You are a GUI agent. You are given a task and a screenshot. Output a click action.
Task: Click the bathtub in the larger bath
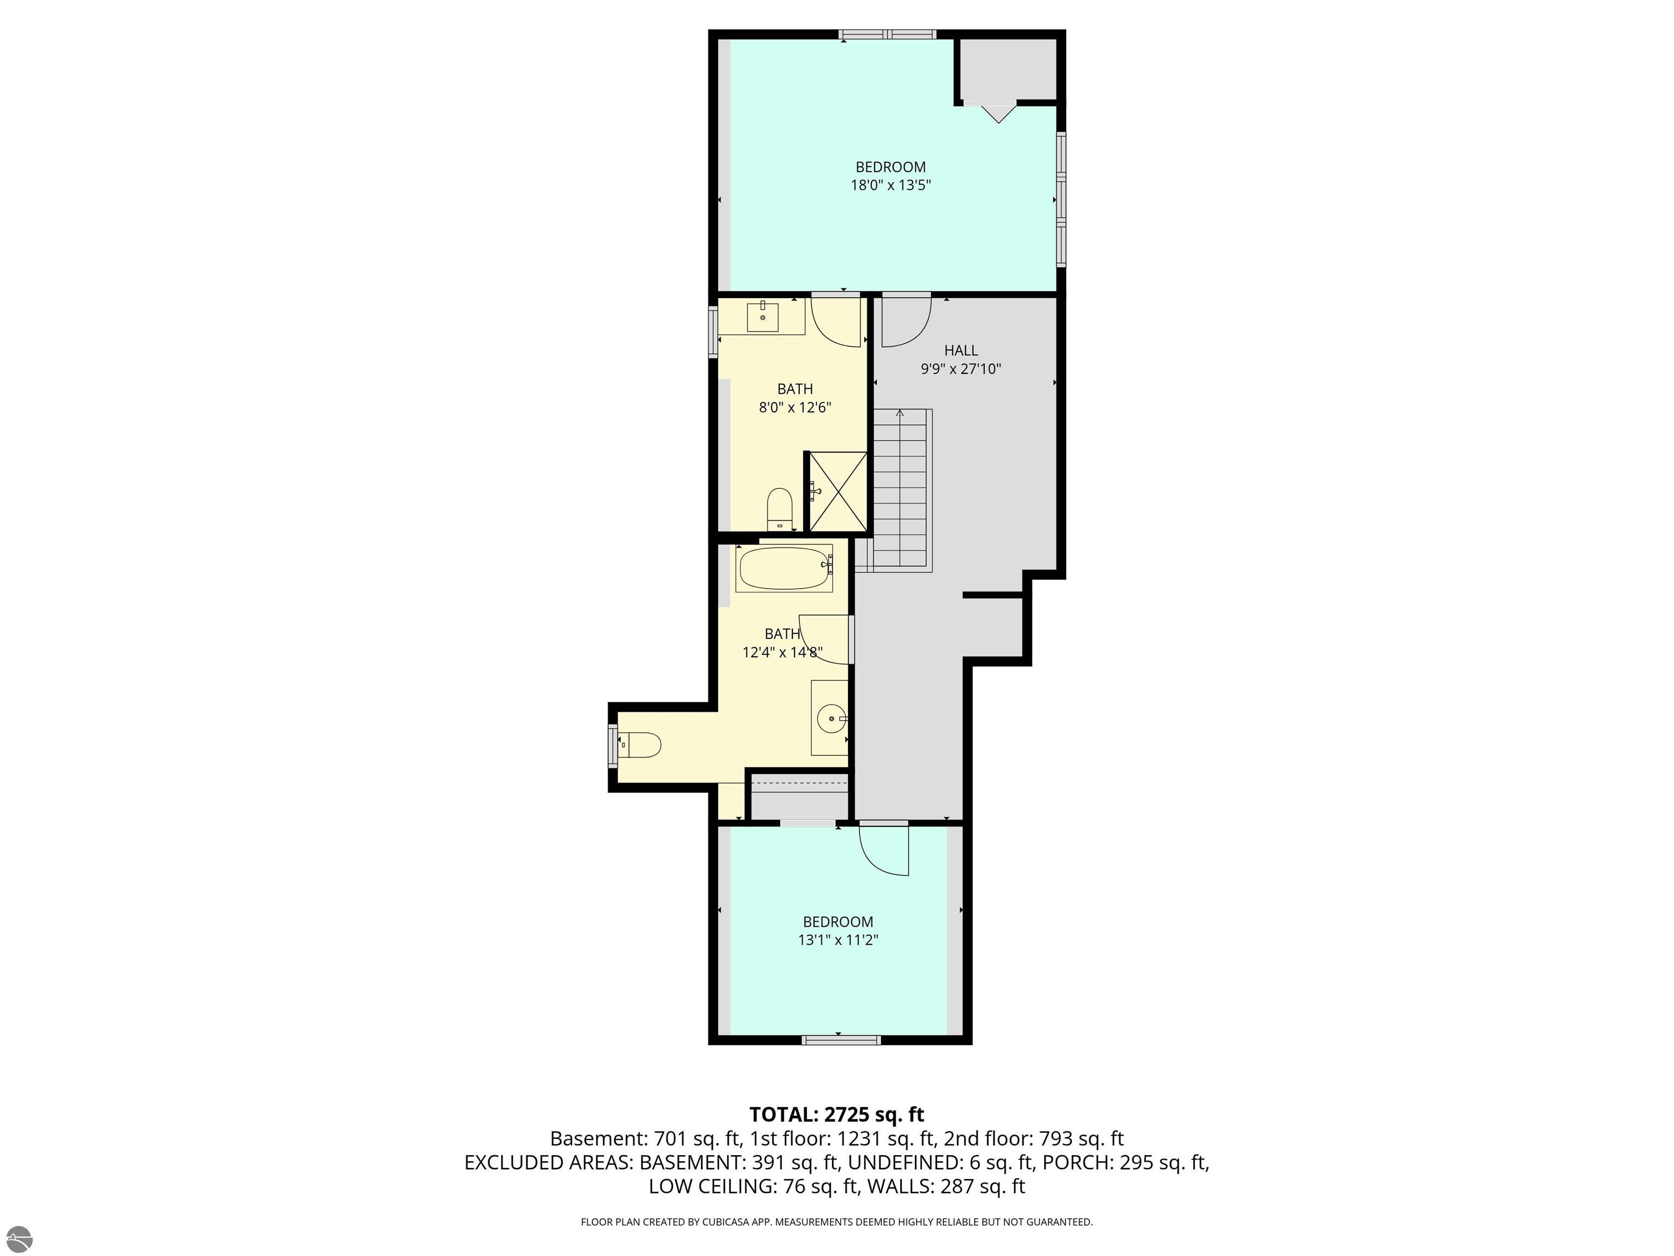pyautogui.click(x=784, y=568)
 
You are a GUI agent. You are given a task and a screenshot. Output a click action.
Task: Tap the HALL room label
pyautogui.click(x=960, y=351)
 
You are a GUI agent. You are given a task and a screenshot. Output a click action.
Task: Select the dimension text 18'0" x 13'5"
pyautogui.click(x=890, y=185)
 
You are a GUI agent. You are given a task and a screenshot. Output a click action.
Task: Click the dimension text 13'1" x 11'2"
pyautogui.click(x=838, y=940)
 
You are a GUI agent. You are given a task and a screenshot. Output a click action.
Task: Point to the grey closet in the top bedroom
pyautogui.click(x=1008, y=69)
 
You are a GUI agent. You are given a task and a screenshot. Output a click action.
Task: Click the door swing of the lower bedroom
pyautogui.click(x=884, y=850)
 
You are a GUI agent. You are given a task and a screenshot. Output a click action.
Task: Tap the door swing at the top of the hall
pyautogui.click(x=905, y=321)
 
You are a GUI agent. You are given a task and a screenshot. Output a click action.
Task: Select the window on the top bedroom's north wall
pyautogui.click(x=887, y=34)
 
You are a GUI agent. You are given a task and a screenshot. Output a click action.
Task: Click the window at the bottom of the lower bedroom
pyautogui.click(x=841, y=1040)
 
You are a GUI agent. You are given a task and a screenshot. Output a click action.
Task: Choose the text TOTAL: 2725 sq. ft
pyautogui.click(x=836, y=1114)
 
